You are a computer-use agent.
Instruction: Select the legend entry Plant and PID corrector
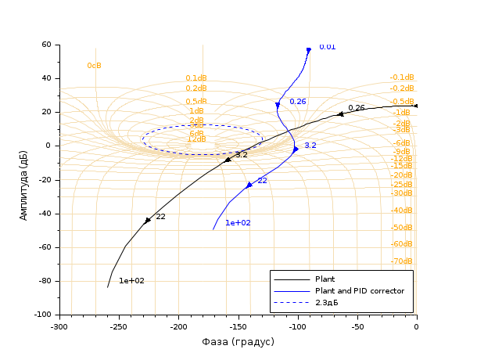(x=359, y=291)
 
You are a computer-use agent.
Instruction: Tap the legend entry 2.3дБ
(x=326, y=303)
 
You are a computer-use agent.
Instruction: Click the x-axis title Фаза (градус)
(x=238, y=342)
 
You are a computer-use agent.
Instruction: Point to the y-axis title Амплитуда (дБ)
(x=23, y=179)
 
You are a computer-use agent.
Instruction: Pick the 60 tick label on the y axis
(x=45, y=45)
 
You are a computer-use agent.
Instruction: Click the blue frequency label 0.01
(x=327, y=47)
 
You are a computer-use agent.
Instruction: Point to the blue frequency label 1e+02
(x=238, y=223)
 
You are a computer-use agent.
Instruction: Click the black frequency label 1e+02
(x=131, y=281)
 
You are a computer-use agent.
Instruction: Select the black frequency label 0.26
(x=357, y=108)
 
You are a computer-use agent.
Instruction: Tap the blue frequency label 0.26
(x=297, y=102)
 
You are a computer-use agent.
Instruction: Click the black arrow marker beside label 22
(x=147, y=221)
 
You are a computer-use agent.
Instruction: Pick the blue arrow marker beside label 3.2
(x=296, y=149)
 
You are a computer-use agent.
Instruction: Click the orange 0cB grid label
(x=94, y=66)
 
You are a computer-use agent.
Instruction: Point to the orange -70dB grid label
(x=402, y=261)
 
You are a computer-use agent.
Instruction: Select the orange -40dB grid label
(x=402, y=211)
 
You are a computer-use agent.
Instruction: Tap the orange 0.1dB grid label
(x=195, y=78)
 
